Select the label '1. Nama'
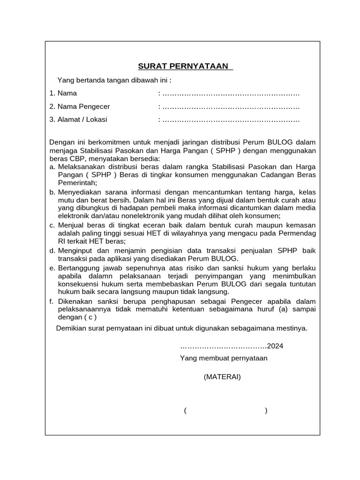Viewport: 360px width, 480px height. [63, 93]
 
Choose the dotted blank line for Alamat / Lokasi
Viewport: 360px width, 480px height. [231, 120]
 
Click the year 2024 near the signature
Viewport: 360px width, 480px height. [275, 346]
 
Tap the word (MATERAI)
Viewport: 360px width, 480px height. [222, 377]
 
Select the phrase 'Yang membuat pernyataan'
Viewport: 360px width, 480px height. [224, 358]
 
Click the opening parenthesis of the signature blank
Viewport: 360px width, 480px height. [186, 411]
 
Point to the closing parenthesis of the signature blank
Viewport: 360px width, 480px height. [266, 411]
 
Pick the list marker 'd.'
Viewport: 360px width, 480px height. [52, 251]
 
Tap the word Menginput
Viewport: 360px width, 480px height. [74, 251]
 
